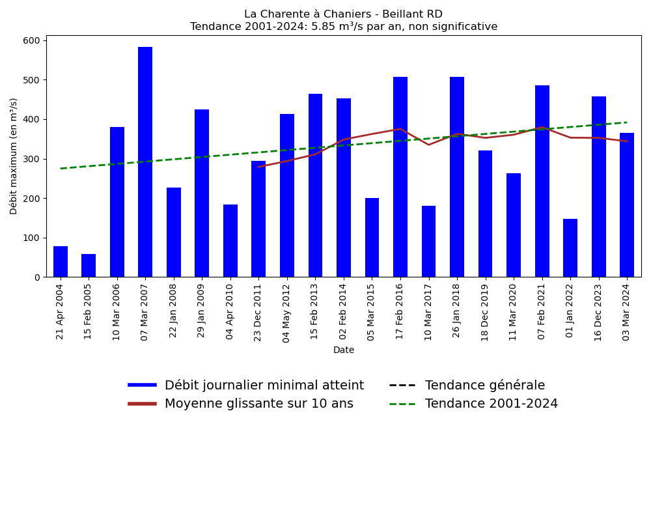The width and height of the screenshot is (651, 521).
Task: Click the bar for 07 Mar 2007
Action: pos(145,162)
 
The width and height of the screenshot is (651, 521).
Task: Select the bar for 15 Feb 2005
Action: pos(89,266)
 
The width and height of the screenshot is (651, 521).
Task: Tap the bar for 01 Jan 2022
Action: pos(570,248)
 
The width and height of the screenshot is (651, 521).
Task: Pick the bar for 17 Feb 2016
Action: pos(400,177)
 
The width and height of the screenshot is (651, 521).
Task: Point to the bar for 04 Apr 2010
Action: pos(230,241)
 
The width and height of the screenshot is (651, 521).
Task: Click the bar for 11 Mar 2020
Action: pos(514,225)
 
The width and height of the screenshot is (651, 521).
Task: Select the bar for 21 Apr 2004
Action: pos(61,262)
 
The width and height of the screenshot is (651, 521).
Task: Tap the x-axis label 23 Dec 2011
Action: pos(258,312)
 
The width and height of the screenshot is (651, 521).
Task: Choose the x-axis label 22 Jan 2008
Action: pos(174,311)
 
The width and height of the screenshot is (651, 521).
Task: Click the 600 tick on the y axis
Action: pos(31,40)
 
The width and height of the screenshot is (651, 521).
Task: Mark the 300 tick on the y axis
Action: pos(31,159)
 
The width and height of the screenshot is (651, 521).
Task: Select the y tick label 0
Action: pos(37,277)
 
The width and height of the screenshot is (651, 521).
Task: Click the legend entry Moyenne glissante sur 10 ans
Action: pos(258,404)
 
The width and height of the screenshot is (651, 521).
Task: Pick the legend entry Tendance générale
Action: pos(485,386)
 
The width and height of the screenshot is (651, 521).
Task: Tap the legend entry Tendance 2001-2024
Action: pos(491,404)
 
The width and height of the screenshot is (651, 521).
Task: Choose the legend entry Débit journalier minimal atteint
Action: pos(264,386)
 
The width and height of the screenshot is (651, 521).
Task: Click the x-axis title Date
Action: pos(344,350)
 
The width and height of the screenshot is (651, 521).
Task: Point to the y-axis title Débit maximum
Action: pos(14,156)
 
